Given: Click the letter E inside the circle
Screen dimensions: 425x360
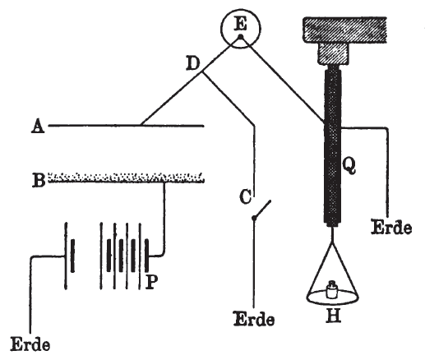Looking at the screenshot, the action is tap(241, 24).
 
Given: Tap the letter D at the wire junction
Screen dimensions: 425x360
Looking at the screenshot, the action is tap(193, 63).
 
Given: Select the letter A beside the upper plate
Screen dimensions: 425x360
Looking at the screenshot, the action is tap(38, 127).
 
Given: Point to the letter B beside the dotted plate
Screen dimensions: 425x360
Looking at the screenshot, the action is tap(39, 179).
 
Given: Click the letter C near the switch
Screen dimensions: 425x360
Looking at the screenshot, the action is tap(245, 196).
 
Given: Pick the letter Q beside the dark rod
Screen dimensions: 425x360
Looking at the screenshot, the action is tap(349, 166).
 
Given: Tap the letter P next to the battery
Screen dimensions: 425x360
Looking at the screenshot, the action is tap(151, 282).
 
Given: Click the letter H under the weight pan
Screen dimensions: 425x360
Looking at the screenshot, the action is tap(334, 316).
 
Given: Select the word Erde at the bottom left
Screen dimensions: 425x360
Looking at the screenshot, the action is tap(30, 344).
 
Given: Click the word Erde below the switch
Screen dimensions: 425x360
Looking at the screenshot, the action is tap(254, 319).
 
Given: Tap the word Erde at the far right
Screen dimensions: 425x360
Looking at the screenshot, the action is tap(391, 227).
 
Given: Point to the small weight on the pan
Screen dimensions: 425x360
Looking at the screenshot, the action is tap(332, 290).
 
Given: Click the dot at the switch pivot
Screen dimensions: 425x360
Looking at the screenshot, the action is tap(254, 218).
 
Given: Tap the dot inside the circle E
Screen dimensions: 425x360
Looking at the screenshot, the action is tap(241, 37).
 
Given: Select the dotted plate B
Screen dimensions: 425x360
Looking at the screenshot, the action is tap(126, 178).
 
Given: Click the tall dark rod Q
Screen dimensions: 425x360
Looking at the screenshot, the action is tap(333, 145).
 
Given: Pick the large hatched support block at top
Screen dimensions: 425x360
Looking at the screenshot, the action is tap(344, 30).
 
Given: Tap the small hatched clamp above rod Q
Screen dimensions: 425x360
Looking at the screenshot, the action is tap(334, 53).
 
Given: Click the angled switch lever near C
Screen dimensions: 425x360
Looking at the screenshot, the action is tap(262, 210).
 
